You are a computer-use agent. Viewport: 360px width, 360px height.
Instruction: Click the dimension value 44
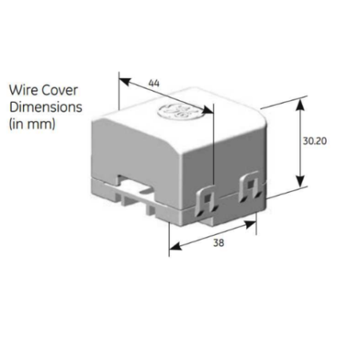[154, 83]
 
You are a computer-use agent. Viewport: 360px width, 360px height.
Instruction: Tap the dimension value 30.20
[315, 141]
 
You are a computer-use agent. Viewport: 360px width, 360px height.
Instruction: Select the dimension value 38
[218, 243]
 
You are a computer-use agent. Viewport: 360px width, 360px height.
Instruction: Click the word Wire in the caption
[23, 90]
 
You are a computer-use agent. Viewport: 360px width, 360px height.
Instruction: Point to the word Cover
[60, 90]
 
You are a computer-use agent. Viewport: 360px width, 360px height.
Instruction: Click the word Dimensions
[45, 107]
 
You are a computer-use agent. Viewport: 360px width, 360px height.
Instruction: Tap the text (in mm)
[32, 123]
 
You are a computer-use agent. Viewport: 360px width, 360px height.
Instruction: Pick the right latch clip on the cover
[249, 186]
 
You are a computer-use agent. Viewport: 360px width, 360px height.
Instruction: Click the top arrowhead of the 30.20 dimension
[300, 104]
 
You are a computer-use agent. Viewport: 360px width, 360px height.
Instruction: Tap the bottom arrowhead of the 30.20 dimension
[300, 181]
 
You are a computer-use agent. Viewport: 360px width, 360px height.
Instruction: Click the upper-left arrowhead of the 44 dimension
[125, 81]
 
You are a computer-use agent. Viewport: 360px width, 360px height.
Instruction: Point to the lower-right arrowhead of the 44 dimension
[208, 110]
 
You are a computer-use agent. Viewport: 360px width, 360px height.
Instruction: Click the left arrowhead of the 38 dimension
[175, 246]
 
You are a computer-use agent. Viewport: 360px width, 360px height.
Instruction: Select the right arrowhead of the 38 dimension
[250, 225]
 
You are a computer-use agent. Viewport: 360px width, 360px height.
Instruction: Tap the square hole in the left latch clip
[207, 197]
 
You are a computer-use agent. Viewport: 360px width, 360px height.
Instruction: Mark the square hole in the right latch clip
[250, 184]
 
